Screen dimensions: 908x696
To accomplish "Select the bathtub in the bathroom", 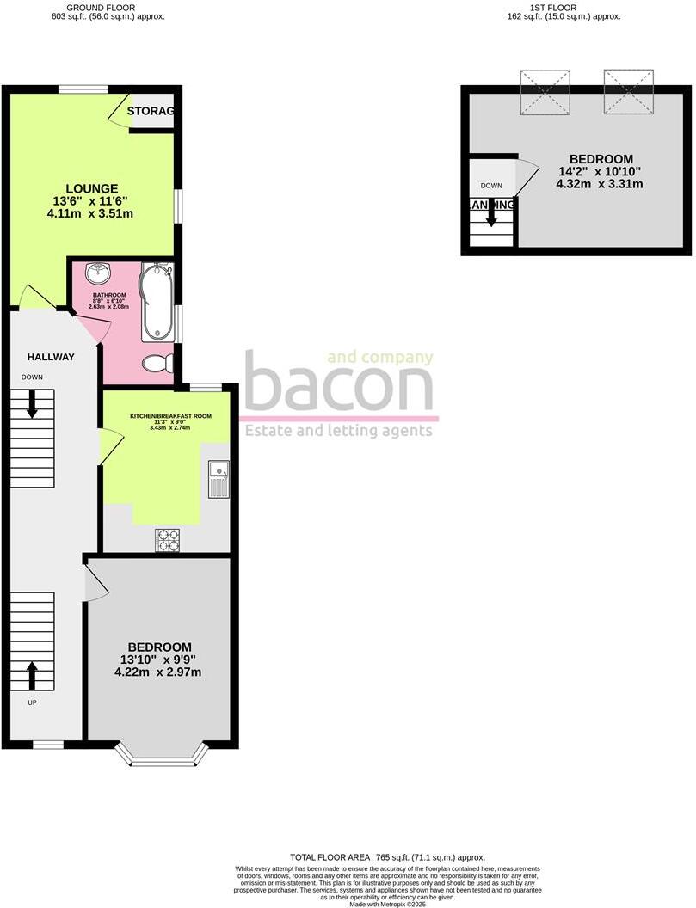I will tap(157, 302).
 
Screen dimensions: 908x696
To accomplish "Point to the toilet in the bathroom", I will tap(157, 364).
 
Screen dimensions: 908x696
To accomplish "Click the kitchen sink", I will tap(218, 479).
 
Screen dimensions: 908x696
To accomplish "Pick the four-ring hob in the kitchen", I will tap(168, 539).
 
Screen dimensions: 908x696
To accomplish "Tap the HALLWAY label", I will tap(51, 357).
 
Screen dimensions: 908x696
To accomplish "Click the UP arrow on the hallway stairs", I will tap(32, 675).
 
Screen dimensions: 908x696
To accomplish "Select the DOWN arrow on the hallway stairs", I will tap(32, 403).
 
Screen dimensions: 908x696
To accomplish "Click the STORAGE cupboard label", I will tap(151, 111).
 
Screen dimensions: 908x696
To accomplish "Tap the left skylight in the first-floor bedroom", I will tap(545, 93).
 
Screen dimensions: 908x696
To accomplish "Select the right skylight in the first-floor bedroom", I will tap(628, 93).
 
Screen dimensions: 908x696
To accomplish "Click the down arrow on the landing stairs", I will tap(491, 214).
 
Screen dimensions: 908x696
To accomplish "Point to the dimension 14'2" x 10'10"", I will tap(601, 171).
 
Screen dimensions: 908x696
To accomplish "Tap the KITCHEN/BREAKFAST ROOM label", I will tap(170, 416).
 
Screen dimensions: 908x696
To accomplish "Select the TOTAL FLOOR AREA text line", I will tap(387, 857).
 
